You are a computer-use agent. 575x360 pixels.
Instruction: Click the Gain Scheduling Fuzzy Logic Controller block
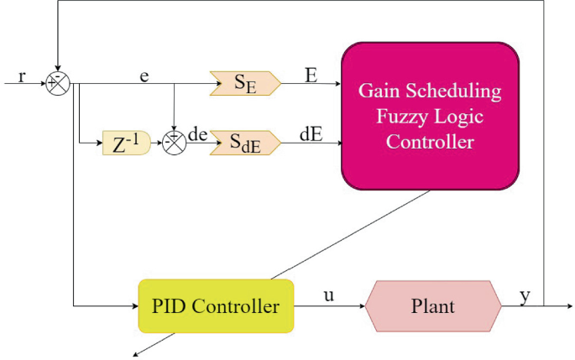(430, 116)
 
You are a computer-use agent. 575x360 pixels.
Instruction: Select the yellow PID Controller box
(216, 306)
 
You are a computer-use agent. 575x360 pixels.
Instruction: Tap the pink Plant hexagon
(433, 306)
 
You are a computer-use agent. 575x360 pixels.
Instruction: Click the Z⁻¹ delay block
(127, 143)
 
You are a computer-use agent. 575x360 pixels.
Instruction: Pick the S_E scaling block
(245, 84)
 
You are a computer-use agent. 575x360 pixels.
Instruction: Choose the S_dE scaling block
(245, 143)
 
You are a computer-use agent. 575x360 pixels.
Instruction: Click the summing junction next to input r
(58, 84)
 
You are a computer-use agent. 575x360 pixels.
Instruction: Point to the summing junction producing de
(175, 143)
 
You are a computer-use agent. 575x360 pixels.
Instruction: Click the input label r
(22, 77)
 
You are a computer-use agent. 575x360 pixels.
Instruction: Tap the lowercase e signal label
(144, 76)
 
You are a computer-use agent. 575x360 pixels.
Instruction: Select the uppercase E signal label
(311, 76)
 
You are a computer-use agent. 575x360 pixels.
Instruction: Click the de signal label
(197, 134)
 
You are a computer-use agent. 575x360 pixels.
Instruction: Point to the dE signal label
(311, 134)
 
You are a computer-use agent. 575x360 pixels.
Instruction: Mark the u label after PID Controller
(329, 295)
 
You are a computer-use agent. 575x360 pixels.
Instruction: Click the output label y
(525, 296)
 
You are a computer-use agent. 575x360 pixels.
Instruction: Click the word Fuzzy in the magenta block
(401, 117)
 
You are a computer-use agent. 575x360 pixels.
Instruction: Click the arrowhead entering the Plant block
(363, 306)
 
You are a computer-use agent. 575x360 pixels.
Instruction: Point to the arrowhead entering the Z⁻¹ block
(99, 143)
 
